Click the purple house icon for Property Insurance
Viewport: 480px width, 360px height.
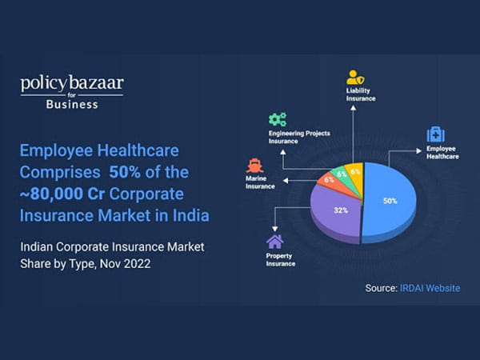(274, 241)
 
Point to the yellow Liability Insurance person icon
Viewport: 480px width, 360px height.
(354, 78)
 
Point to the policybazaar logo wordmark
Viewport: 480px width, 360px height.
(71, 83)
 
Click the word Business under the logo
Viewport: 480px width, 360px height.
(71, 104)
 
